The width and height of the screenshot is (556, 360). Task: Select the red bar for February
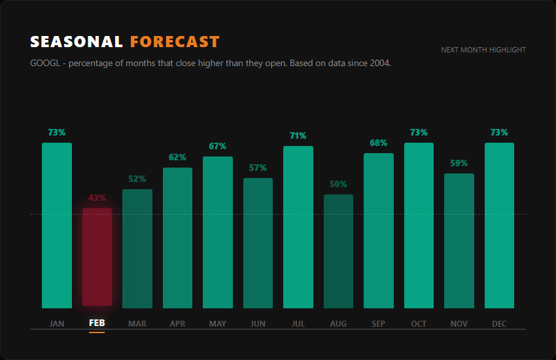97,257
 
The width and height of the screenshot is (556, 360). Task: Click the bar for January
57,225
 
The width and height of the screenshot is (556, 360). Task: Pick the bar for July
298,226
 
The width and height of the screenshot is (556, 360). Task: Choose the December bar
499,225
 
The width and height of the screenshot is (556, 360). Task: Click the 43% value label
97,198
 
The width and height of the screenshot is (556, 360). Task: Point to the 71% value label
298,135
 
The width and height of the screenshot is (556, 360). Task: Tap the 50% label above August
338,184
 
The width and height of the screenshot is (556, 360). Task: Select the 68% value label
379,143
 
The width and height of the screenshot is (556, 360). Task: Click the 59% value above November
459,163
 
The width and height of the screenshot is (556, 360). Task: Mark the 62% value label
177,157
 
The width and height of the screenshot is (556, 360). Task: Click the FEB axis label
97,323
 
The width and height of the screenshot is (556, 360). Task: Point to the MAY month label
218,323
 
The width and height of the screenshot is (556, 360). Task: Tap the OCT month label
419,323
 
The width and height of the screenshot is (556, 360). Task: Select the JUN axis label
258,323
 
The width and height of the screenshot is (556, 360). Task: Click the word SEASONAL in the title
77,42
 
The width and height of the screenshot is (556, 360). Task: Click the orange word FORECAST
175,42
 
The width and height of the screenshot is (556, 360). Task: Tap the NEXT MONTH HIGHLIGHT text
483,50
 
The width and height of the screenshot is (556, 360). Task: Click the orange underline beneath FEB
97,332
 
